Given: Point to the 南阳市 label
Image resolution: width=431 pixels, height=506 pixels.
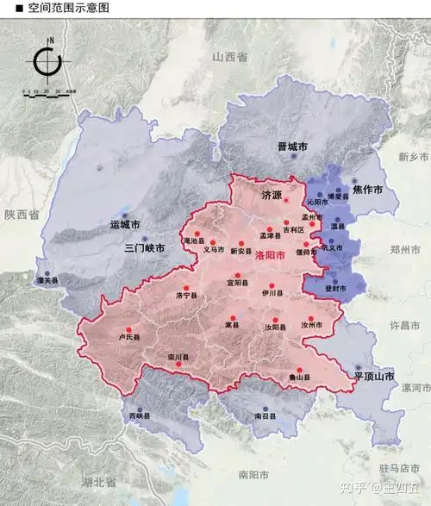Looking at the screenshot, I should (x=254, y=474).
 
